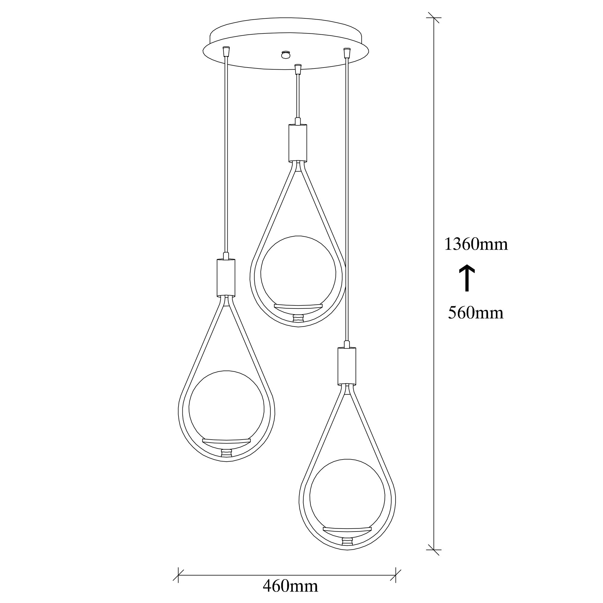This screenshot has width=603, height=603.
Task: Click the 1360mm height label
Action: (x=476, y=245)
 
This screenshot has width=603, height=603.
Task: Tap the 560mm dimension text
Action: (x=476, y=312)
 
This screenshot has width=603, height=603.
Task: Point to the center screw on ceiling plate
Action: (x=285, y=55)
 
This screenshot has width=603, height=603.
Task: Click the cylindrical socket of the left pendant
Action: (x=226, y=277)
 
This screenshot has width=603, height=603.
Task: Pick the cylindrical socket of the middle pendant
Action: (x=298, y=143)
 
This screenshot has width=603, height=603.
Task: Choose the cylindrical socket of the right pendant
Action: (x=347, y=366)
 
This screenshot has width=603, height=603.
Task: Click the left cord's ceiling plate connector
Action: (x=227, y=51)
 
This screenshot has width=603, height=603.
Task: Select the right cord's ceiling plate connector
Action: (x=346, y=52)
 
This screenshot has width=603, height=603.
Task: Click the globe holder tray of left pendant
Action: (x=226, y=441)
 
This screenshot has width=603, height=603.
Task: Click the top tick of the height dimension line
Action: (x=434, y=18)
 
